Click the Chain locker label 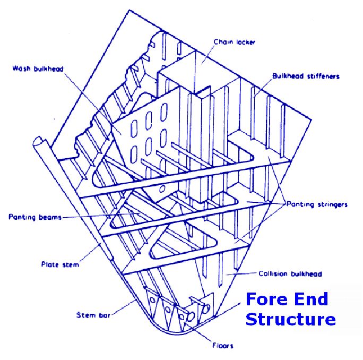(234, 41)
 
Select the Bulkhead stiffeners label (306, 76)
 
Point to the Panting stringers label (317, 204)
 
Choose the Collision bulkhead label (290, 274)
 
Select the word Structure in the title (290, 320)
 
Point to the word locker (245, 41)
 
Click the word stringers (332, 204)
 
